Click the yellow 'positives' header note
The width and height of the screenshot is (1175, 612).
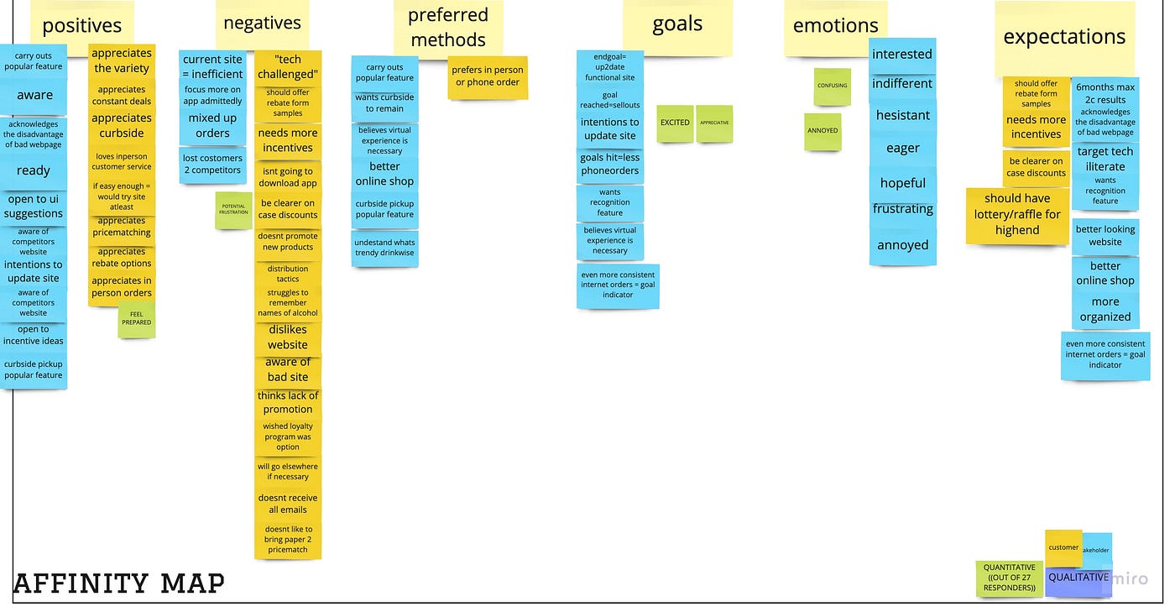[x=81, y=26]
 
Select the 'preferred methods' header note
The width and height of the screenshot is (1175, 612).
[x=448, y=28]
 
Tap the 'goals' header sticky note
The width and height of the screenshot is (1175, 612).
[x=677, y=25]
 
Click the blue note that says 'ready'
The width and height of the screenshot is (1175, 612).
[x=34, y=170]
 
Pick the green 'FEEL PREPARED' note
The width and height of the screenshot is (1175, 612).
[x=136, y=320]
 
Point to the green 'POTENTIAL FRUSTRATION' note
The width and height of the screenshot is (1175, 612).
[x=233, y=210]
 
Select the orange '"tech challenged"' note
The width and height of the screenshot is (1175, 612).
[x=287, y=67]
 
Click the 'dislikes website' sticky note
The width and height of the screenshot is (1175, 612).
[x=288, y=337]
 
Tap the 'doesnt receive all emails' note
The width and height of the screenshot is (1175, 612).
[x=288, y=504]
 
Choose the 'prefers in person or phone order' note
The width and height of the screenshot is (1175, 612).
[x=487, y=76]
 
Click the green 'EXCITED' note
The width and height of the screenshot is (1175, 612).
[x=675, y=123]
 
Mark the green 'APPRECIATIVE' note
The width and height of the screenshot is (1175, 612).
[x=714, y=123]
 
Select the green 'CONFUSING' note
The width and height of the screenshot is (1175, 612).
[x=832, y=86]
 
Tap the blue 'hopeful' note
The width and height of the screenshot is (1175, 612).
[x=903, y=183]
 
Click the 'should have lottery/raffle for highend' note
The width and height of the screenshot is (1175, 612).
[x=1017, y=215]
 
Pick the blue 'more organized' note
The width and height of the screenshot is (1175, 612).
[x=1105, y=310]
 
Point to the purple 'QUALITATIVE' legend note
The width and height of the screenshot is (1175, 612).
[x=1078, y=580]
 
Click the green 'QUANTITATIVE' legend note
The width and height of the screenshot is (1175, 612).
[x=1010, y=578]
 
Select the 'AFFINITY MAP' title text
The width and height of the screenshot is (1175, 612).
[x=118, y=583]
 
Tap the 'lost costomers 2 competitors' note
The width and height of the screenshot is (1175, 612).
[x=212, y=164]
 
